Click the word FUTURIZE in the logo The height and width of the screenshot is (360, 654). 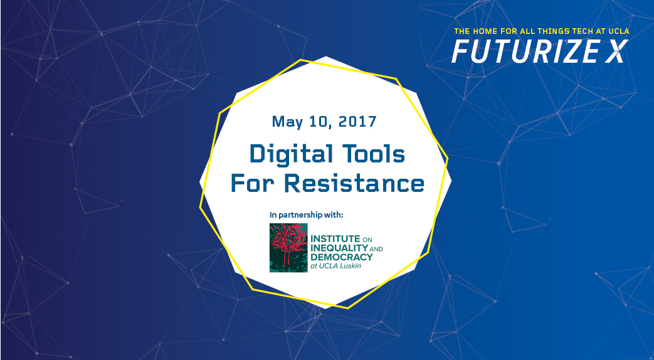click(525, 51)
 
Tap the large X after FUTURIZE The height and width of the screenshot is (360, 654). click(617, 51)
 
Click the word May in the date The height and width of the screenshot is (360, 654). click(288, 122)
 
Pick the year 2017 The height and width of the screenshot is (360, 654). click(357, 122)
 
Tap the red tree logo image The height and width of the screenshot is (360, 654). click(288, 248)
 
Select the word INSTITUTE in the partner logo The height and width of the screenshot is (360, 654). click(335, 238)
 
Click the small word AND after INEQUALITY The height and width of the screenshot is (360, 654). click(376, 249)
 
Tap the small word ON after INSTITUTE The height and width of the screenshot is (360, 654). click(367, 240)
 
